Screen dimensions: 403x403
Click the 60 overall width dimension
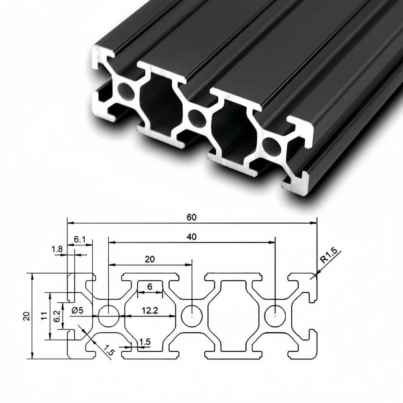pyautogui.click(x=192, y=217)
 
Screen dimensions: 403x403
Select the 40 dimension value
pyautogui.click(x=192, y=237)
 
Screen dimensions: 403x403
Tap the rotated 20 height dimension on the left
pyautogui.click(x=26, y=315)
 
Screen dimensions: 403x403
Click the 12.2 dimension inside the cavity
pyautogui.click(x=150, y=311)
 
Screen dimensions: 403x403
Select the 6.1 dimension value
pyautogui.click(x=80, y=239)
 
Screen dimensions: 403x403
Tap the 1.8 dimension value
pyautogui.click(x=58, y=249)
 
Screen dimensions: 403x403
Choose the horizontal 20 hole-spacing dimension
pyautogui.click(x=150, y=259)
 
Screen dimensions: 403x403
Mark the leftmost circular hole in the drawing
pyautogui.click(x=109, y=315)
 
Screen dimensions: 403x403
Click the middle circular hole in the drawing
pyautogui.click(x=191, y=315)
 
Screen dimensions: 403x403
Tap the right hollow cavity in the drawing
pyautogui.click(x=233, y=315)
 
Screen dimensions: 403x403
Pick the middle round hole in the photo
pyautogui.click(x=196, y=118)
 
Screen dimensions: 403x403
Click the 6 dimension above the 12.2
pyautogui.click(x=150, y=287)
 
